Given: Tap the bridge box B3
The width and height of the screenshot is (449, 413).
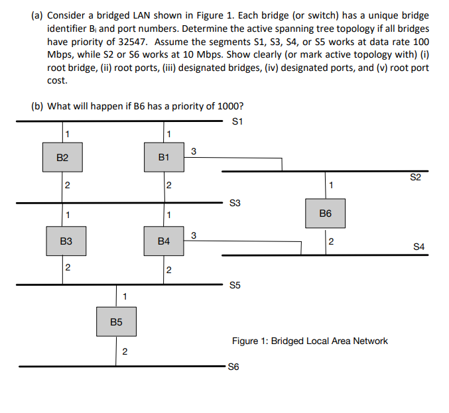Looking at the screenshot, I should pos(66,242).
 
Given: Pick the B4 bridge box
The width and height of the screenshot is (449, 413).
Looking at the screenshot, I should pos(164,242).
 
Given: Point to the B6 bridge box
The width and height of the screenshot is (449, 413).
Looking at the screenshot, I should pos(325,213).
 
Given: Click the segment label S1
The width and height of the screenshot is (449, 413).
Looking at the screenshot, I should pos(239,121).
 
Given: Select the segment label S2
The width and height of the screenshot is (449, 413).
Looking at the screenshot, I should pos(416,178).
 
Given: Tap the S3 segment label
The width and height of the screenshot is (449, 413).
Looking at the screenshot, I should pos(233,204).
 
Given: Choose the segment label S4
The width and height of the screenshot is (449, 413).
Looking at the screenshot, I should pos(418,247).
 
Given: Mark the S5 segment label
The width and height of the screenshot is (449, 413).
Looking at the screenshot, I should pos(233,286).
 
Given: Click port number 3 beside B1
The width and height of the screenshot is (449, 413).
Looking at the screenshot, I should pos(193,152).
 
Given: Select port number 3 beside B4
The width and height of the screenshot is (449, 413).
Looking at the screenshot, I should pos(193,235).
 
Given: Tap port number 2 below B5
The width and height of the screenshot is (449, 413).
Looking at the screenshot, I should pos(125,352).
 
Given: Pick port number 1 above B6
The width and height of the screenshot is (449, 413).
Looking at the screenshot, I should pos(332,184).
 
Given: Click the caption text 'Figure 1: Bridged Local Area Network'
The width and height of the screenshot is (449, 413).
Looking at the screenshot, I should pos(310,341).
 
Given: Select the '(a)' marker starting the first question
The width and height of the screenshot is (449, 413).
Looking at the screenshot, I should pos(38,15).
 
